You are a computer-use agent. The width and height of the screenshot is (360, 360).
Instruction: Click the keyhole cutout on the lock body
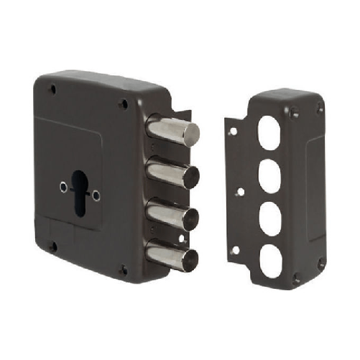(x=78, y=188)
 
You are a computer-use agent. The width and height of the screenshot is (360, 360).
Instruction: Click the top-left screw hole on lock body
(x=52, y=89)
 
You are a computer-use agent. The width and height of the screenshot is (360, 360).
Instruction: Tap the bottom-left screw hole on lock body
(x=52, y=246)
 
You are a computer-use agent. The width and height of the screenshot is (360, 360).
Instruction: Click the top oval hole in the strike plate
(x=269, y=134)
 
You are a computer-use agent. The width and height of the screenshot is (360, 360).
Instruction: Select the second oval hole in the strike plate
(x=269, y=175)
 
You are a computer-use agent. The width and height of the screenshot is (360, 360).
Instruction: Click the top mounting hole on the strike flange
(x=232, y=132)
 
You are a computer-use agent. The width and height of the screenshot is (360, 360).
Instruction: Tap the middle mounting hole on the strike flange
(x=241, y=191)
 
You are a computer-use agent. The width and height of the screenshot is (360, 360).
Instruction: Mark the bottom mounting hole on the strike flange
(x=235, y=250)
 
